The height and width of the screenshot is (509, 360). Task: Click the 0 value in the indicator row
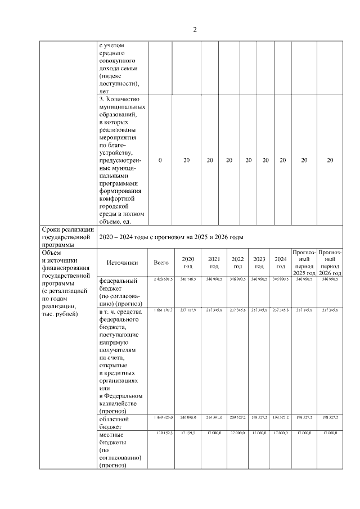tap(160, 160)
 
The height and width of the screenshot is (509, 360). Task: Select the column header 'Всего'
tap(161, 262)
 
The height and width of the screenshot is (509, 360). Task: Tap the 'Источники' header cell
tap(122, 262)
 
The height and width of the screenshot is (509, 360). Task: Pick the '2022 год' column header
tap(237, 262)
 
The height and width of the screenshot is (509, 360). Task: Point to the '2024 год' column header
tap(280, 262)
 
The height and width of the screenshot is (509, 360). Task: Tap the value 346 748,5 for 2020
tap(187, 279)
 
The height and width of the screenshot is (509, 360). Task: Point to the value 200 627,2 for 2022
tap(237, 418)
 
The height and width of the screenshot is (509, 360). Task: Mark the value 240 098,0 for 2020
tap(187, 418)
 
